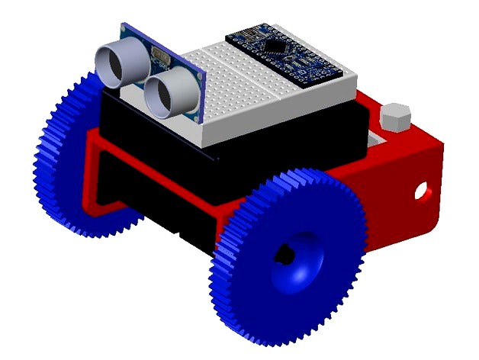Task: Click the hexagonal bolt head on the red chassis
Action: [394, 117]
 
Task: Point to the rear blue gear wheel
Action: [65, 160]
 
